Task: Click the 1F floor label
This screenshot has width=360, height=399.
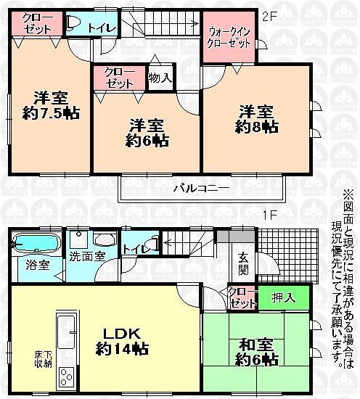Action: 269,215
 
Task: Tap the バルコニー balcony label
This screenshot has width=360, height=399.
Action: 201,188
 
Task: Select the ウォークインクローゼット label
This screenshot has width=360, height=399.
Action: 229,37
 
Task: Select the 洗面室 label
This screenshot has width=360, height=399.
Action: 87,256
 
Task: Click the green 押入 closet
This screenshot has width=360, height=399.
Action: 284,297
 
